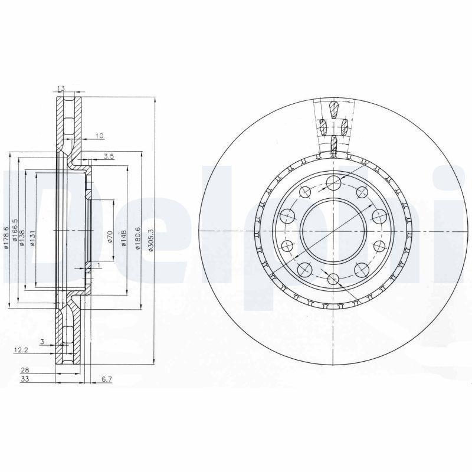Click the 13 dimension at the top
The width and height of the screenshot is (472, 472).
tap(60, 89)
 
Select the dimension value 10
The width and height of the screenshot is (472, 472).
tap(99, 136)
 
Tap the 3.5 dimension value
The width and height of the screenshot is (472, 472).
tap(109, 156)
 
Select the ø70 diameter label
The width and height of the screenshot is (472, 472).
tap(110, 238)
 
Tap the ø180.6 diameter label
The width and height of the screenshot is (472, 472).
tap(137, 237)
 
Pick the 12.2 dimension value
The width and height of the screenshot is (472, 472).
tap(20, 350)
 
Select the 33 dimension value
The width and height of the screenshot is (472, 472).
tap(25, 379)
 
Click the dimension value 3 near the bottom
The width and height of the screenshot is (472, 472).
tap(43, 342)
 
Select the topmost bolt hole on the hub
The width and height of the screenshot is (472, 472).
tap(333, 181)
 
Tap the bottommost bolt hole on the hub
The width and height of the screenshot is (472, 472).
tap(333, 279)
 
